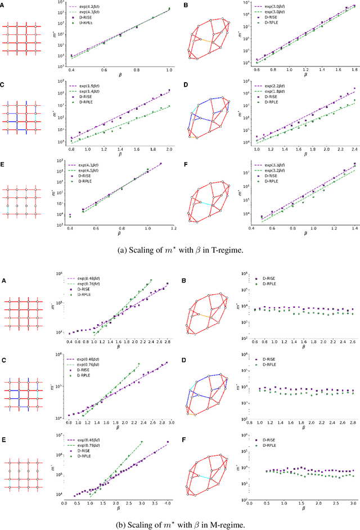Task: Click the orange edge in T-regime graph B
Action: [205, 41]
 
